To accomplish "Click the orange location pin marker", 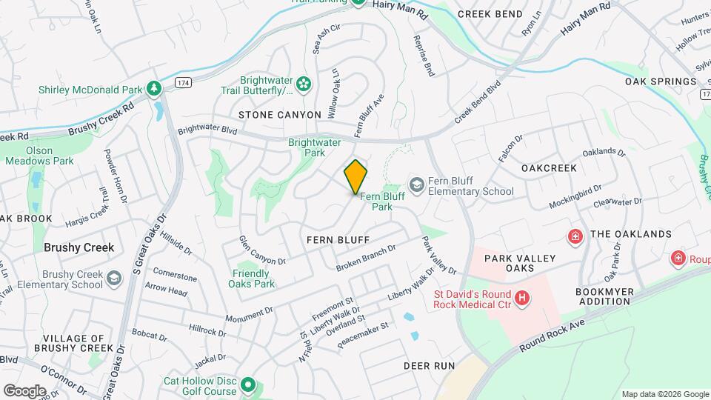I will [355, 177].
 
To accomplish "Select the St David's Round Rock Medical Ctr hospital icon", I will [523, 298].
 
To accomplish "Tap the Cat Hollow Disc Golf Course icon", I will [248, 386].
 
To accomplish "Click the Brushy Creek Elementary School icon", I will [113, 278].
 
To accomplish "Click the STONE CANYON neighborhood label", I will [280, 115].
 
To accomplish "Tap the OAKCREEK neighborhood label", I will [549, 168].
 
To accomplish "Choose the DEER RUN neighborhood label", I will [429, 367].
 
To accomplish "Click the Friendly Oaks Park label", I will [254, 279].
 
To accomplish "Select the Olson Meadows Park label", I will [50, 155].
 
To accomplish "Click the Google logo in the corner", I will [24, 390].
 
